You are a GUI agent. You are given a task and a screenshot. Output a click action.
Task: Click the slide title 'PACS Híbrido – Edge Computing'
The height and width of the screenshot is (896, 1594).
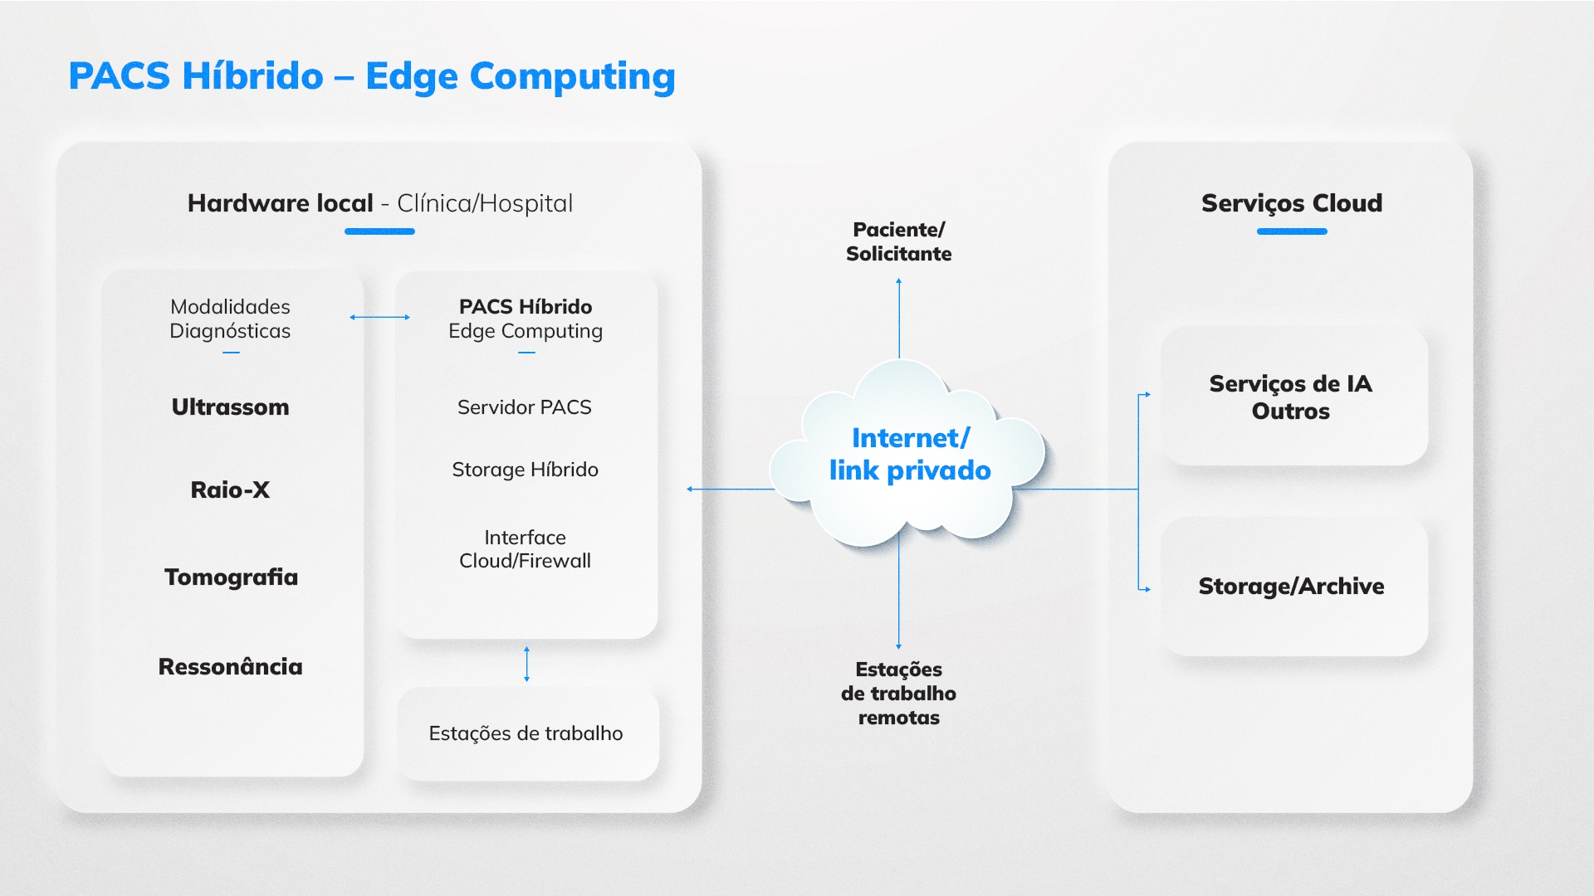tap(372, 76)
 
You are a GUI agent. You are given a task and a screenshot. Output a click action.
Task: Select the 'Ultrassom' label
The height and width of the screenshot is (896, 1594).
tap(230, 407)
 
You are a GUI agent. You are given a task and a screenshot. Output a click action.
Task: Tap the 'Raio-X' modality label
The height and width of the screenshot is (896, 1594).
tap(230, 490)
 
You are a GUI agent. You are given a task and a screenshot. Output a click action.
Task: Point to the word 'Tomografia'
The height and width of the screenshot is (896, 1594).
tap(231, 577)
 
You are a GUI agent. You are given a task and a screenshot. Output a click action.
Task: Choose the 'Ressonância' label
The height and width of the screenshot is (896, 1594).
tap(230, 667)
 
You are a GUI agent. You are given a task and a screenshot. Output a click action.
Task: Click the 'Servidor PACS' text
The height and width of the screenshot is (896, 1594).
tap(525, 407)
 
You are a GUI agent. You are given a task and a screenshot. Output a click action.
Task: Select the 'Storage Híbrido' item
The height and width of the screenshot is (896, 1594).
tap(525, 470)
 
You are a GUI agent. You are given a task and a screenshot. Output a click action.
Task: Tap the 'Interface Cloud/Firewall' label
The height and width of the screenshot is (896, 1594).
tap(525, 549)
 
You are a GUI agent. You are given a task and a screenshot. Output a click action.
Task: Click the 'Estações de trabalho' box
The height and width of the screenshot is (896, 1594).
tap(528, 734)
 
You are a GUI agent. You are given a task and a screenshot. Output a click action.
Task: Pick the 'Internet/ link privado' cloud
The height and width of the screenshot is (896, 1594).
tap(908, 454)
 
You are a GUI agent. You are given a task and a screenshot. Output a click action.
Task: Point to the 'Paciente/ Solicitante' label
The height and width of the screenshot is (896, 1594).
tap(899, 241)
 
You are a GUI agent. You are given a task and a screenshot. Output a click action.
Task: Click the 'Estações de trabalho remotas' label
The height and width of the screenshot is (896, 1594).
tap(899, 694)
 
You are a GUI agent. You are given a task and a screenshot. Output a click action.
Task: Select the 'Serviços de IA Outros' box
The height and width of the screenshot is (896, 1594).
tap(1294, 397)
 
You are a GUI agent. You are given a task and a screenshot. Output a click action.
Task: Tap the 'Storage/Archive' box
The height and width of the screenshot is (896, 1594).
tap(1294, 587)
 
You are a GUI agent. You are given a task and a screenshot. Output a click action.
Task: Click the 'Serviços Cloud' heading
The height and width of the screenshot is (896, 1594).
tap(1292, 203)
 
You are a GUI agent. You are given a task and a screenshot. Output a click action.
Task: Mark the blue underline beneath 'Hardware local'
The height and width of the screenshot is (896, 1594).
tap(379, 231)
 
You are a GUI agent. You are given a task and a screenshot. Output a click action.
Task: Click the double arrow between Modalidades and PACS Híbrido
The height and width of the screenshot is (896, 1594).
tap(379, 317)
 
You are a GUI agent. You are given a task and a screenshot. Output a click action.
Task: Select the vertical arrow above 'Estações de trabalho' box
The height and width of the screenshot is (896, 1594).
tap(526, 664)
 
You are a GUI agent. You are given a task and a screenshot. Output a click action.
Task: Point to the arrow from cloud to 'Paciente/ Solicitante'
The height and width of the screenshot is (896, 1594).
tap(898, 319)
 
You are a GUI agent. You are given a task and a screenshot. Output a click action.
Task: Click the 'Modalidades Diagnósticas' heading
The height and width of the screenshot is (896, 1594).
tap(230, 319)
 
